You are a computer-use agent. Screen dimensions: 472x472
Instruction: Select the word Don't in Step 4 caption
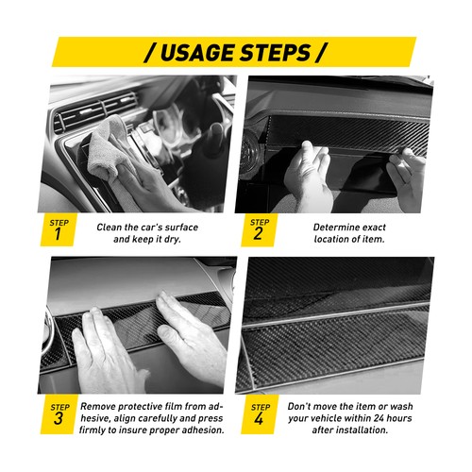303,404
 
